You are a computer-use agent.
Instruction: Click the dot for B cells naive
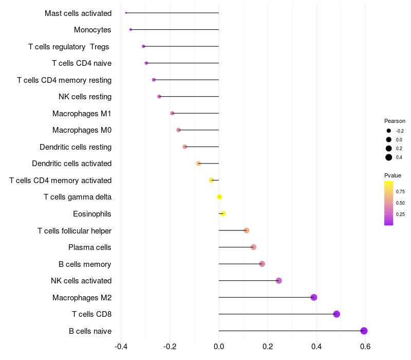pos(364,331)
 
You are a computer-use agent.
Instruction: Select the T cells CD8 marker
pos(337,314)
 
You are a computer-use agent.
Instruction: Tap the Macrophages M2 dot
pos(314,297)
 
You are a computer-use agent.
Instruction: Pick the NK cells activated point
pos(279,281)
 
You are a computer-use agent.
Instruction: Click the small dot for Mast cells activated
pos(126,13)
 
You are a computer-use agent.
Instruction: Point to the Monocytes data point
pos(130,29)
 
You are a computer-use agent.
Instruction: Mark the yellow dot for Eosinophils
pos(223,213)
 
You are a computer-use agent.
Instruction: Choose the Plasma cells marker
pos(253,247)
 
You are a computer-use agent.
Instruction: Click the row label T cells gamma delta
pos(78,197)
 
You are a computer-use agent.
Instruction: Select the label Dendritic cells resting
pos(76,147)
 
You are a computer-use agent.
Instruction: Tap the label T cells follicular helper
pos(74,230)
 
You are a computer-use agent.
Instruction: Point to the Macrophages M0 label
pos(82,130)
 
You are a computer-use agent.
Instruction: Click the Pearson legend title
pos(395,121)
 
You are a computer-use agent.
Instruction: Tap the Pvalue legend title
pos(393,175)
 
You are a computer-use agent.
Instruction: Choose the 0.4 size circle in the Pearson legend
pos(389,157)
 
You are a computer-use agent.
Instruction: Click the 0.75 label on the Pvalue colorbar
pos(401,191)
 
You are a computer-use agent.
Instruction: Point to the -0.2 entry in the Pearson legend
pos(389,131)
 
